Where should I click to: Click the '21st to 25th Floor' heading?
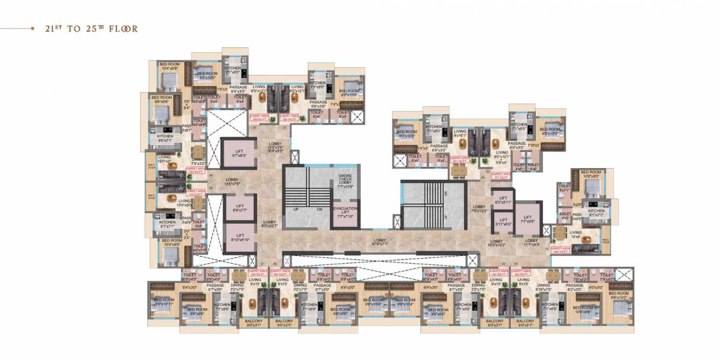tap(91, 29)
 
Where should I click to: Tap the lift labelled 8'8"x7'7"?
tap(240, 208)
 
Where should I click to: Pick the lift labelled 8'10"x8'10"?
tap(240, 238)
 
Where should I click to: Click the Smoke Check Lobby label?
tap(345, 181)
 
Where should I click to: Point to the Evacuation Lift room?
tap(345, 212)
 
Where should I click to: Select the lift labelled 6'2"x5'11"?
tap(503, 199)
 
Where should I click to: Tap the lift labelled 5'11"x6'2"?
tap(503, 221)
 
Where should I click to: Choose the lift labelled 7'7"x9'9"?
tap(527, 218)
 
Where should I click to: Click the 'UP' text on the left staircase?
tap(296, 209)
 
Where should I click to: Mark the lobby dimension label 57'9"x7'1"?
tap(380, 242)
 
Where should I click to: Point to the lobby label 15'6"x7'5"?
tap(232, 182)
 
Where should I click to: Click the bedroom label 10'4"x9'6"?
tap(169, 66)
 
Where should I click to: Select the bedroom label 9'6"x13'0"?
tap(619, 295)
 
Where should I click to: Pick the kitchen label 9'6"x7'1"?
tap(165, 139)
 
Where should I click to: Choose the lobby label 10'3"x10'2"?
tap(497, 243)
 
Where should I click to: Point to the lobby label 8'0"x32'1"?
tap(270, 224)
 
